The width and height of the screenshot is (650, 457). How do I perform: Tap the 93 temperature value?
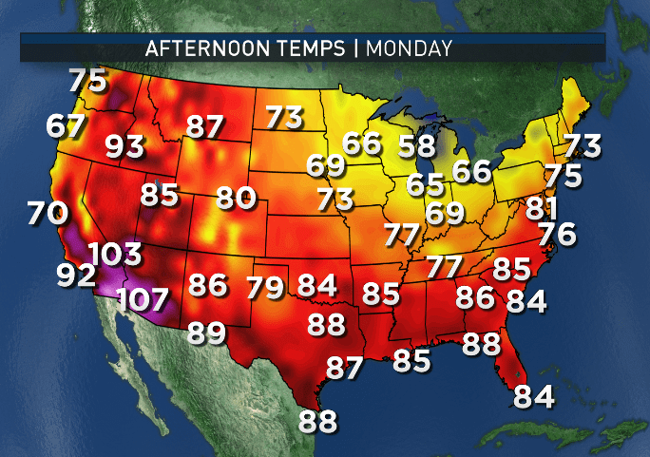tap(124, 146)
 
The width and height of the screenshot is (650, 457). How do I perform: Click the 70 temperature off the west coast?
tap(47, 212)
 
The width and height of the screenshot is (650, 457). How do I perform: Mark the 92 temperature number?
tap(75, 275)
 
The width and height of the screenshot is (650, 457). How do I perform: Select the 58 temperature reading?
tap(416, 146)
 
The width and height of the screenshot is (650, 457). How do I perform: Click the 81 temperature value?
tap(541, 206)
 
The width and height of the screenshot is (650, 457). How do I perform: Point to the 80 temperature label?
tap(236, 198)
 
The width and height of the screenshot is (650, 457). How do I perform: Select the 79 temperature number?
tap(265, 285)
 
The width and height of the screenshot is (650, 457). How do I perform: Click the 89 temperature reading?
tap(206, 333)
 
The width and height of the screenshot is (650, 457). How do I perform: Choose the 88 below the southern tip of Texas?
tap(317, 420)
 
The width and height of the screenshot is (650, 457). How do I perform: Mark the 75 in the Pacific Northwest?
tap(87, 81)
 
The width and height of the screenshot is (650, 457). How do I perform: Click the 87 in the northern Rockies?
tap(205, 126)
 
